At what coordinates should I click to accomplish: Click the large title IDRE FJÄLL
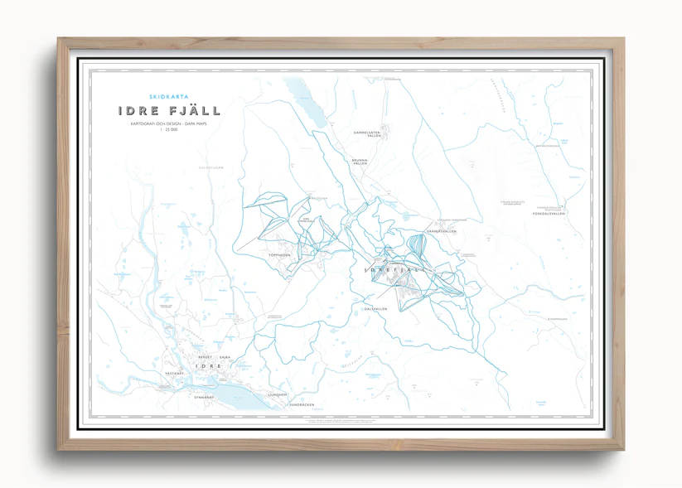pos(169,111)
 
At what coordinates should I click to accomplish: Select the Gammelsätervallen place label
pos(366,133)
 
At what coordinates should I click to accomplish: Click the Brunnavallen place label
pos(359,162)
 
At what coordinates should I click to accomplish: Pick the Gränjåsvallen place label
pos(441,231)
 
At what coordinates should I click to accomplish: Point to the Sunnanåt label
pos(204,398)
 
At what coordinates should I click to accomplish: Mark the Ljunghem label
pos(278,394)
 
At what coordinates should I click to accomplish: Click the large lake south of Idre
pos(236,393)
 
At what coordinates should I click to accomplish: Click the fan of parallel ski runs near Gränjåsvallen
pos(419,247)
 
